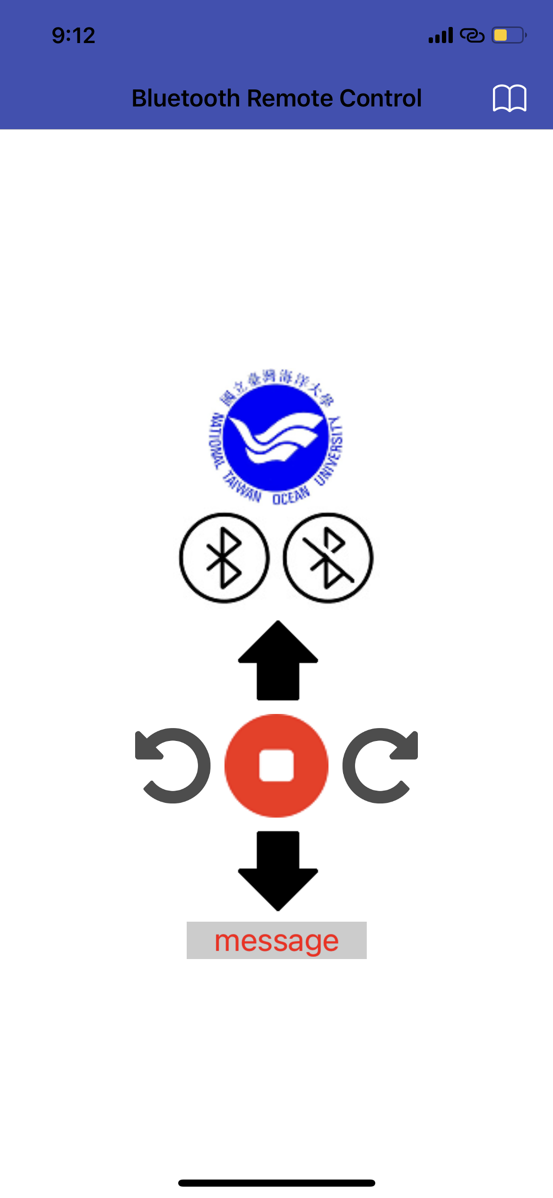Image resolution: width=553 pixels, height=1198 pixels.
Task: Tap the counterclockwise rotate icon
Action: tap(173, 766)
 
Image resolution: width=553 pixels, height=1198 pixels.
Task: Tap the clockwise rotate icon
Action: tap(380, 766)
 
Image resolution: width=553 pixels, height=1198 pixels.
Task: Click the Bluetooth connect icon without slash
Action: tap(224, 558)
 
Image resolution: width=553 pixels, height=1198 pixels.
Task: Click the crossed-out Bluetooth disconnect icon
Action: tap(328, 558)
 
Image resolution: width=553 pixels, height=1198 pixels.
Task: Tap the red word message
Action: tap(276, 941)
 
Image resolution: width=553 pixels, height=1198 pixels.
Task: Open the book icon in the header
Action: tap(510, 98)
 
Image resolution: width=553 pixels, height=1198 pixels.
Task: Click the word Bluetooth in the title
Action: tap(186, 98)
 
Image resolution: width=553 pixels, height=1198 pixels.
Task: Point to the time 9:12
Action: tap(73, 35)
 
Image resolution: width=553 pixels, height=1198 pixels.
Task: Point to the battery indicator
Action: tap(509, 35)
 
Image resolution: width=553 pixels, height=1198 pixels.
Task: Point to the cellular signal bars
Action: tap(441, 35)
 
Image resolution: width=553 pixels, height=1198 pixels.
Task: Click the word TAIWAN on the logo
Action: tap(242, 487)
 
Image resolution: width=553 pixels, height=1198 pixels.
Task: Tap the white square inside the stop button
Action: tap(276, 766)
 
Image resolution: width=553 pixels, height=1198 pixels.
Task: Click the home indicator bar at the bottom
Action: tap(276, 1183)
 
